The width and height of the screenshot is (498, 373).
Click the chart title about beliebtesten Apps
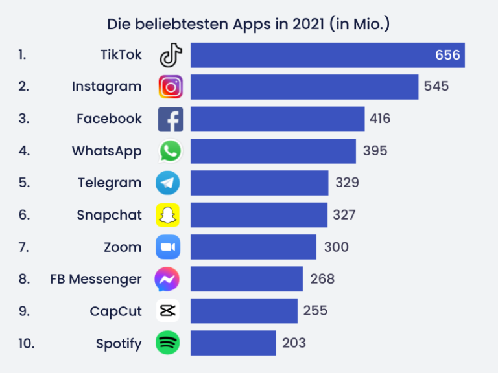coord(248,25)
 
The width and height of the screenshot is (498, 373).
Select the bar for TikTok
coord(327,55)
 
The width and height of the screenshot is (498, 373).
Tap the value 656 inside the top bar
coord(447,55)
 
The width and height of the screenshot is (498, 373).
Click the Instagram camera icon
coord(171,87)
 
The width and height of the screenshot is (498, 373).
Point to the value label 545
coord(436,86)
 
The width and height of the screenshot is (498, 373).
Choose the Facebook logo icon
coord(171,119)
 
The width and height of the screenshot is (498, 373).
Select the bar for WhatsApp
coord(273,151)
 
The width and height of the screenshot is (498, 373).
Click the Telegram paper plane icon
coord(168,183)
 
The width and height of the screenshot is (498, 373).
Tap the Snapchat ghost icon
coord(168,215)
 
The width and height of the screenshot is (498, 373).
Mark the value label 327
coord(344,215)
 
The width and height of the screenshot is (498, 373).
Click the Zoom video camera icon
coord(168,247)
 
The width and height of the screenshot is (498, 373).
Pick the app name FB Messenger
coord(96,279)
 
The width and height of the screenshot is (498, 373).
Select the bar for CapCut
coord(244,311)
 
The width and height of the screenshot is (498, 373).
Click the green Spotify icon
coord(168,343)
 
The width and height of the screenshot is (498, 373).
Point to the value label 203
coord(294,343)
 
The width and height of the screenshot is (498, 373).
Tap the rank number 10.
coord(27,343)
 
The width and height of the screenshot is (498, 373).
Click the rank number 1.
coord(23,55)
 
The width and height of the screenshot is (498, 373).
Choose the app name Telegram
coord(110,183)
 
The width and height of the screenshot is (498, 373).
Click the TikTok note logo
coord(171,55)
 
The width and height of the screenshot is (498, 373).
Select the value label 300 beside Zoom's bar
coord(336,247)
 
